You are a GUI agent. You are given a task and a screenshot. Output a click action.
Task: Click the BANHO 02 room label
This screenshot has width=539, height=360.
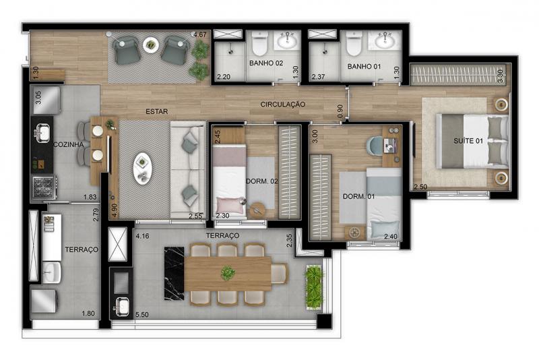(266, 63)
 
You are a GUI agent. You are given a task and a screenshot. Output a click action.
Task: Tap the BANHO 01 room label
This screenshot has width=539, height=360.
(364, 66)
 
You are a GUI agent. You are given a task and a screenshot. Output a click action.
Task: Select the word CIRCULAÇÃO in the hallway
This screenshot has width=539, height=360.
(282, 104)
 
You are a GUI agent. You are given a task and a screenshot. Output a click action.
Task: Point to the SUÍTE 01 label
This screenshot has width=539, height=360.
(468, 141)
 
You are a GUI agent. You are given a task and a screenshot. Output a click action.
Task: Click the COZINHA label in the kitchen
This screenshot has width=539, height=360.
(69, 145)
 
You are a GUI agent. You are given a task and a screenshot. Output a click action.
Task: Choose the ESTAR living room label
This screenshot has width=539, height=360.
(157, 111)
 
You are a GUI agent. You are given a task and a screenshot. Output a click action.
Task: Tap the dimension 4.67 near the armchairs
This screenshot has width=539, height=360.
(199, 34)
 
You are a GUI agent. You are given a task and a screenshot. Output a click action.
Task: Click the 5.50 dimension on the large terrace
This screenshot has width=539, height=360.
(142, 315)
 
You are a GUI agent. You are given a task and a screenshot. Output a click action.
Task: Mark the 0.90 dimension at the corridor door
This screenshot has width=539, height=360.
(340, 111)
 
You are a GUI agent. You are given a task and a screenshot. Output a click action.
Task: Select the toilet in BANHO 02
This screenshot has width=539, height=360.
(259, 43)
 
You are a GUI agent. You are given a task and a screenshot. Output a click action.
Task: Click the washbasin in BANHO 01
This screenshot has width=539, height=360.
(385, 41)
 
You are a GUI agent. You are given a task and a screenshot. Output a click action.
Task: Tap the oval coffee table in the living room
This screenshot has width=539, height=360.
(143, 169)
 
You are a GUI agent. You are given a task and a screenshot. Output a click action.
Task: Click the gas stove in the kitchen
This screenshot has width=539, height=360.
(44, 187)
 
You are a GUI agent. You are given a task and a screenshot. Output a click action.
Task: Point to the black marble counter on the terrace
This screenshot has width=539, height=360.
(175, 273)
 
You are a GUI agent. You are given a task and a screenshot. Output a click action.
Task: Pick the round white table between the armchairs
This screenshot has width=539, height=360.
(151, 44)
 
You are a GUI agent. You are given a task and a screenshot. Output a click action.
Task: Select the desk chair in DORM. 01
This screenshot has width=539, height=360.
(375, 146)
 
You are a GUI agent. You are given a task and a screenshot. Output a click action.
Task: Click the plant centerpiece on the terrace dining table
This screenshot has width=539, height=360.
(228, 273)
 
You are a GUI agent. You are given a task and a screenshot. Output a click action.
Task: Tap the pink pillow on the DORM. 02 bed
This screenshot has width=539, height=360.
(228, 205)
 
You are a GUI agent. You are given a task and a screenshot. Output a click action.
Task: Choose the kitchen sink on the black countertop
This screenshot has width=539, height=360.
(42, 133)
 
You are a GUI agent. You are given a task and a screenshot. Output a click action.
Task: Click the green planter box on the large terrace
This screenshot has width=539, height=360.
(314, 287)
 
